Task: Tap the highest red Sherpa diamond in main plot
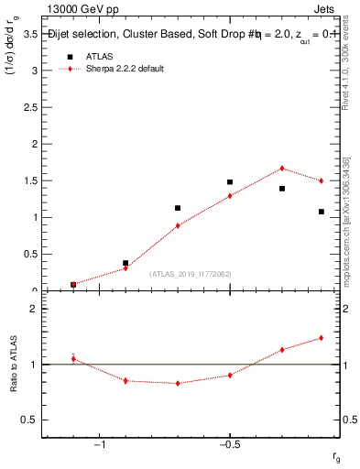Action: point(282,169)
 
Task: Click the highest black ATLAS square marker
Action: point(230,182)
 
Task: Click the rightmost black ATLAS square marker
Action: point(322,212)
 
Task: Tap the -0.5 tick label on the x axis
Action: point(229,443)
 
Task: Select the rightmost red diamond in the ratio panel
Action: point(322,338)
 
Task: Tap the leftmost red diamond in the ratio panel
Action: point(73,358)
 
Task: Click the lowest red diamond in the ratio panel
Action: point(178,383)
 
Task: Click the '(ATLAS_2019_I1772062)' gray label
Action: point(191,273)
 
